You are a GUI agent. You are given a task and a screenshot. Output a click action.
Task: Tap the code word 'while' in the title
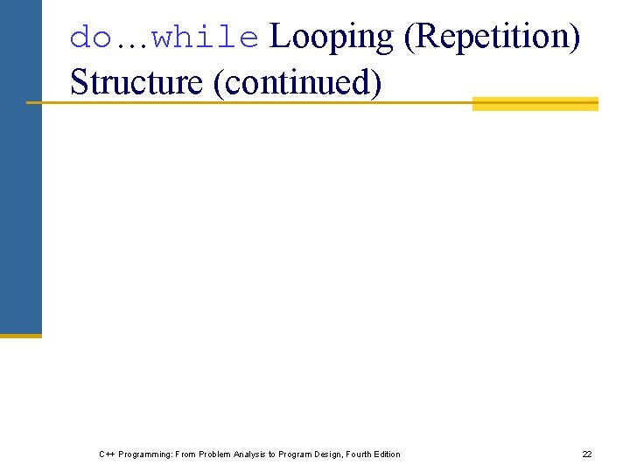point(205,38)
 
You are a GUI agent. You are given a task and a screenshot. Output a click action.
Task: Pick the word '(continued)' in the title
point(297,82)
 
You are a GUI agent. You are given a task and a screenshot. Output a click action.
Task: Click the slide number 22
point(587,455)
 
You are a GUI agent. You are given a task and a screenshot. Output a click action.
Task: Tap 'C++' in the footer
point(107,455)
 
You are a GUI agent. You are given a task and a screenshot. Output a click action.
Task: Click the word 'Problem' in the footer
point(215,455)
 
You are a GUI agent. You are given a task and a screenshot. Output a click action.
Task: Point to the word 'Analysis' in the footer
point(254,455)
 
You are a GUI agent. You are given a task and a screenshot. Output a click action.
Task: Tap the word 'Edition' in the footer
point(388,455)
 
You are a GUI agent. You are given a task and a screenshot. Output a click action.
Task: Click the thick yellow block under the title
point(535,103)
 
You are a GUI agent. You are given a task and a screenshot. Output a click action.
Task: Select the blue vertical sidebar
point(20,166)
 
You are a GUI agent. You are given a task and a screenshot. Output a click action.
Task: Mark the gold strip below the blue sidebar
point(20,335)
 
